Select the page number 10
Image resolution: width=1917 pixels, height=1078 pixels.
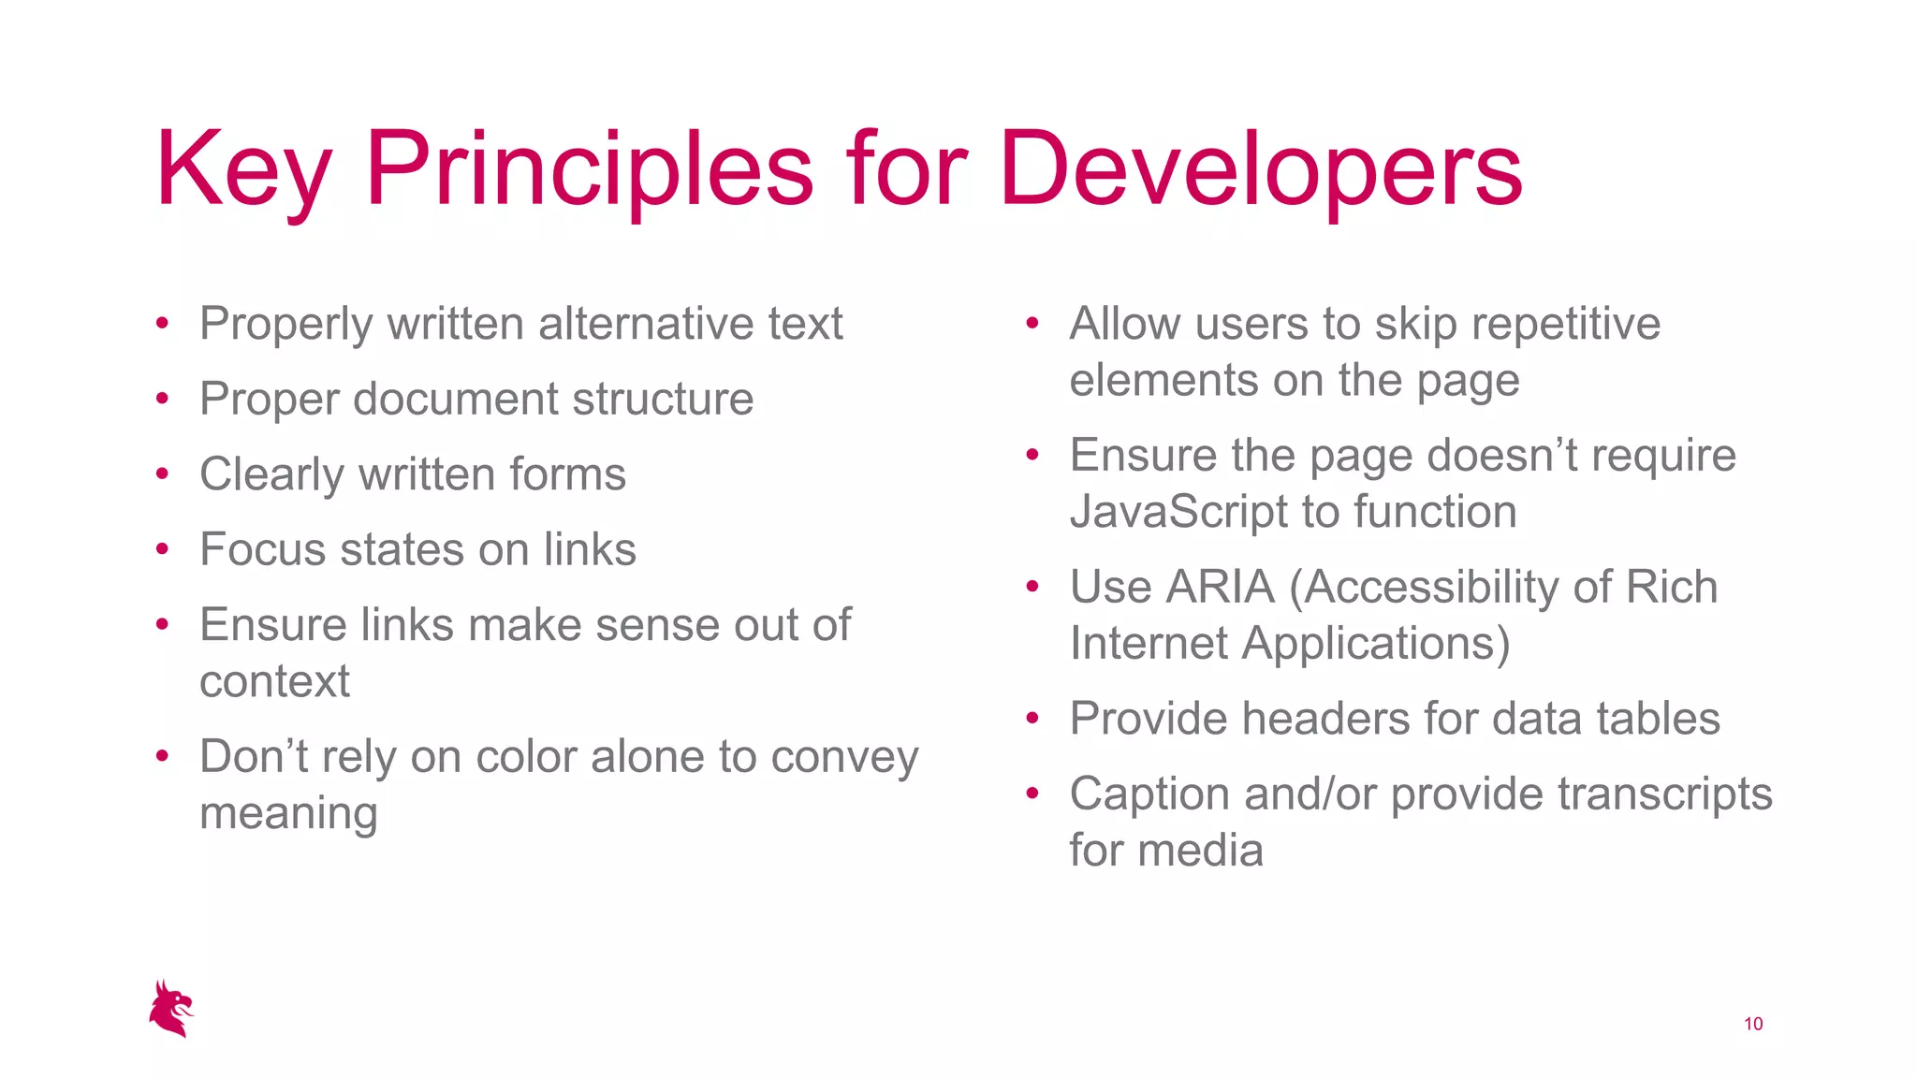[1753, 1024]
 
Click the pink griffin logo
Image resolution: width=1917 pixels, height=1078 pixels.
[171, 1009]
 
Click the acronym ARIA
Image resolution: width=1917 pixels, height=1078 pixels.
[1220, 588]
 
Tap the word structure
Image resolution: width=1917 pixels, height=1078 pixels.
[663, 400]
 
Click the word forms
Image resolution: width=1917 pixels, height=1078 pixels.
[569, 474]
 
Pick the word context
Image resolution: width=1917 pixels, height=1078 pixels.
[274, 681]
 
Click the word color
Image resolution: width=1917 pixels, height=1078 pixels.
[526, 757]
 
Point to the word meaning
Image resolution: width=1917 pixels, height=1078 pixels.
[288, 814]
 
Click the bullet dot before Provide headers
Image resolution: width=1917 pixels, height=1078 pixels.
[1032, 719]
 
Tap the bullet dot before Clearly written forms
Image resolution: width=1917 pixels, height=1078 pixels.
[162, 474]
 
